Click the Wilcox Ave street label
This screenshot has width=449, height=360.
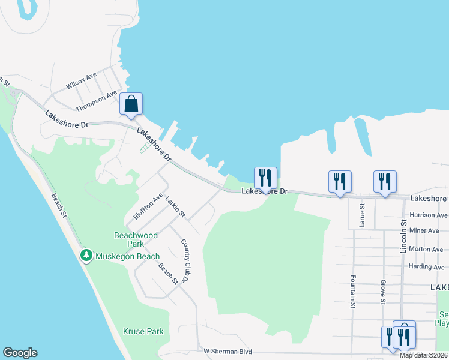point(82,81)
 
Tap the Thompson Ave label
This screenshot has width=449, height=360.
point(96,101)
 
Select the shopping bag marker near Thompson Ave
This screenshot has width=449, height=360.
point(131,104)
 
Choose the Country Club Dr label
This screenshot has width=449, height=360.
point(187,260)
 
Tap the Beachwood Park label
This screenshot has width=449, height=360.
point(136,239)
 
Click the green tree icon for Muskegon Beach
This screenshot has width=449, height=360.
point(86,256)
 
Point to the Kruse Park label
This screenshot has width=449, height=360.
point(143,331)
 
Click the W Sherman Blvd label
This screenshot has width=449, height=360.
point(228,351)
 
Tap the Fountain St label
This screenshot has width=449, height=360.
point(352,292)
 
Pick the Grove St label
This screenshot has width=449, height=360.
point(382,292)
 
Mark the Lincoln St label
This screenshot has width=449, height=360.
point(404,235)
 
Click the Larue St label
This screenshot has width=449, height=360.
point(362,215)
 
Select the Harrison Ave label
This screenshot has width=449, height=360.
point(429,215)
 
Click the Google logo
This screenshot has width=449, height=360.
point(20,353)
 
